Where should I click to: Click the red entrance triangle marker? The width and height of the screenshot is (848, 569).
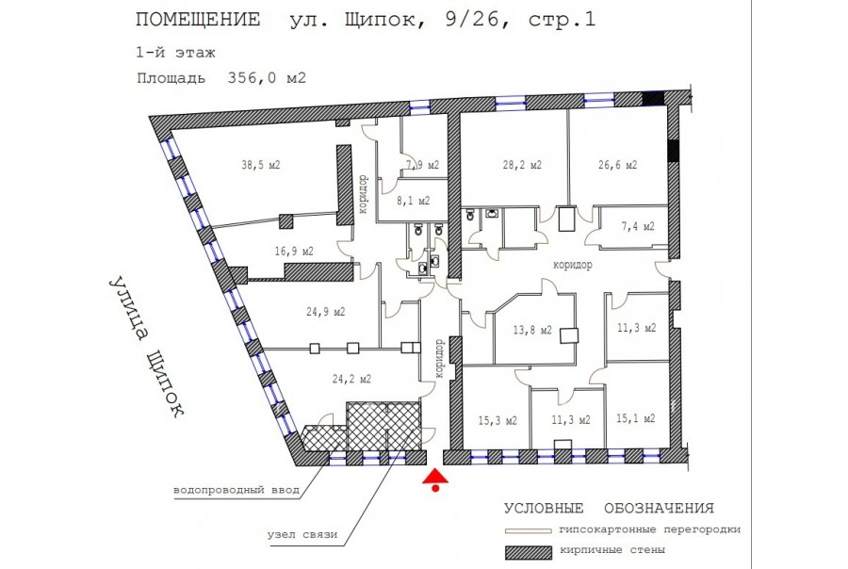[x=435, y=477]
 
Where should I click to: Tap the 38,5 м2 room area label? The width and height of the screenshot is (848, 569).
[x=261, y=165]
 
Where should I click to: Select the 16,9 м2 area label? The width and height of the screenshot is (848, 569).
[x=294, y=252]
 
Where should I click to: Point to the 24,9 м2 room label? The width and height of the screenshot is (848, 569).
[x=326, y=312]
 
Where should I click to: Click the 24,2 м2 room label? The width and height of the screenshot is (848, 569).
[x=351, y=379]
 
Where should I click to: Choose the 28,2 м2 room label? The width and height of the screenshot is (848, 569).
[x=522, y=165]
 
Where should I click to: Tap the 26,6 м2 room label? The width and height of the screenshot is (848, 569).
[x=617, y=165]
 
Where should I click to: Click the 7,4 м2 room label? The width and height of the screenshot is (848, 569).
[x=638, y=226]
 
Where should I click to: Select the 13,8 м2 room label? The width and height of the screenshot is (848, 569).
[x=532, y=330]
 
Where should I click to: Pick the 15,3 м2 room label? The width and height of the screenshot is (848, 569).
[x=497, y=420]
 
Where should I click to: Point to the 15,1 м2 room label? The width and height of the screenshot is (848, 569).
[x=635, y=418]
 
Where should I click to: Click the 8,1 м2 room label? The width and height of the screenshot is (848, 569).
[x=414, y=201]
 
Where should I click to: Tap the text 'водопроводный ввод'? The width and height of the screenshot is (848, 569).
[x=236, y=491]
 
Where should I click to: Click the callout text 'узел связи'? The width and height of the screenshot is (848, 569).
[x=302, y=534]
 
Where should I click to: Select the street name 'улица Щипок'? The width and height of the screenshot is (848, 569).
[x=145, y=348]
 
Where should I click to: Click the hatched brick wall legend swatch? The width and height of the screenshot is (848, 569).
[x=529, y=552]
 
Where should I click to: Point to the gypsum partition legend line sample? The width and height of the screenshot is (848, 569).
[x=529, y=531]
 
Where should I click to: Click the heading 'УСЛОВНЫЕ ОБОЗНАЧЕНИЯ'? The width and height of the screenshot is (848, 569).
[x=609, y=509]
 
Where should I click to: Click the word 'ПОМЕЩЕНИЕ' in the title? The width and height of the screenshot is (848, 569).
[x=198, y=20]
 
